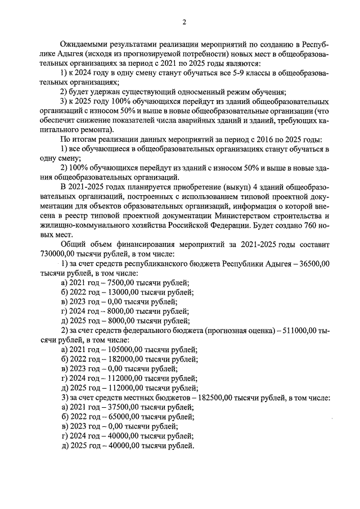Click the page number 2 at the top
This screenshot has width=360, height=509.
(183, 22)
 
